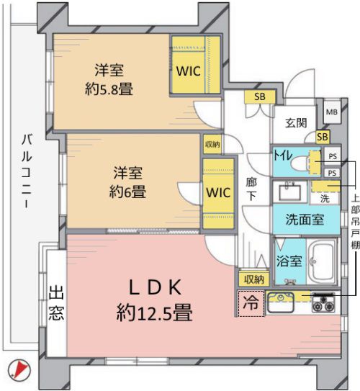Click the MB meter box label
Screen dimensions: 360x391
332,112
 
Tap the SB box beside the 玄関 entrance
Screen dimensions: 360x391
323,137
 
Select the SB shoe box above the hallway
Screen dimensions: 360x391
260,96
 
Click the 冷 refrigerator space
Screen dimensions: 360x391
251,303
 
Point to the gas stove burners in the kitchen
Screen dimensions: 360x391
323,303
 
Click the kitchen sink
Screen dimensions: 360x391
280,302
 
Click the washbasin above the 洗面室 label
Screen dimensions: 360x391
289,192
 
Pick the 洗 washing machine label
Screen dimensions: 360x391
325,199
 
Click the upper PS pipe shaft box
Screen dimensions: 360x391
333,156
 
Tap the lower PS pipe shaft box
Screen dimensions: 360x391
332,173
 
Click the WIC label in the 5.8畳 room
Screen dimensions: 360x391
189,71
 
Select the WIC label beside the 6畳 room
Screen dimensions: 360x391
218,192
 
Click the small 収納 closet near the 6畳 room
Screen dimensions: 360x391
212,144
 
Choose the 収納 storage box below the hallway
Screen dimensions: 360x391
253,279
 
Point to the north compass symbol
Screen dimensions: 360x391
19,370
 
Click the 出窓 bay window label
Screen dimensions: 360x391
56,303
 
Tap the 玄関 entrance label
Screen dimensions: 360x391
296,123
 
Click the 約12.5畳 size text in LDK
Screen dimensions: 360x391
154,312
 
